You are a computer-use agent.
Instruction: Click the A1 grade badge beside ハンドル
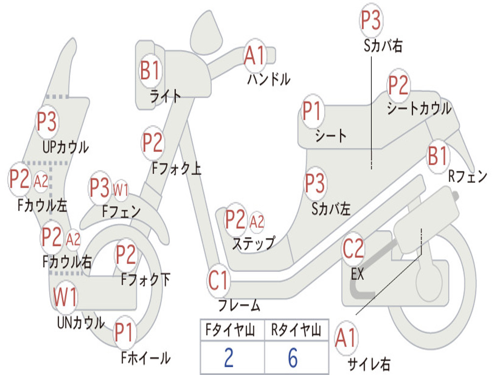tap(254, 56)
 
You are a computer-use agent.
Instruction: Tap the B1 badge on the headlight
tap(150, 70)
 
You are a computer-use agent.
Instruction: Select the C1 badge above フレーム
tap(218, 280)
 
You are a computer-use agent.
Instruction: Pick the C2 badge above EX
tap(353, 250)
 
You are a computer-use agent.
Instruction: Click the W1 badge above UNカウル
tap(65, 297)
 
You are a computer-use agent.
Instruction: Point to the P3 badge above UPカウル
tap(47, 122)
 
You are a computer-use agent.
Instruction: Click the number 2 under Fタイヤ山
tap(229, 358)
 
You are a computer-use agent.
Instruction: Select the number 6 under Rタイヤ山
tap(293, 358)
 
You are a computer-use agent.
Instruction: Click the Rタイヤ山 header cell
tap(296, 331)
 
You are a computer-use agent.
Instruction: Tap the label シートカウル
tap(419, 108)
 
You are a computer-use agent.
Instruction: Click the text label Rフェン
tap(468, 177)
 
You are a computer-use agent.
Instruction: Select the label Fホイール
tap(146, 358)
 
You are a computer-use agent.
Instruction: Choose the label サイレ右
tap(369, 364)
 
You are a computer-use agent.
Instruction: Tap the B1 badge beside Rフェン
tap(437, 157)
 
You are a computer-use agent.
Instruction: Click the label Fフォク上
tap(176, 168)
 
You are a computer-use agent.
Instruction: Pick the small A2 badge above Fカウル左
tap(41, 181)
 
